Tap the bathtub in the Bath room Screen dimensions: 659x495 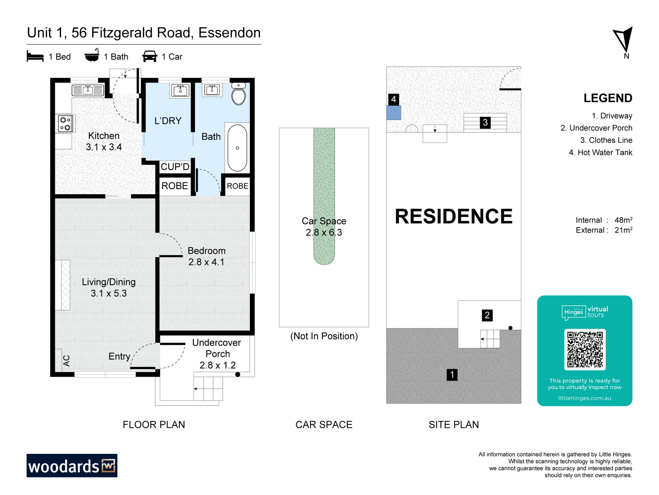click(237, 148)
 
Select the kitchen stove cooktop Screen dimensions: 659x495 click(65, 124)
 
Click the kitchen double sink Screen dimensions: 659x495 click(88, 90)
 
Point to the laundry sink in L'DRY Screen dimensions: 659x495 click(180, 90)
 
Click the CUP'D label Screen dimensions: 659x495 click(175, 167)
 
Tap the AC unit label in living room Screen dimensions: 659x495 click(67, 361)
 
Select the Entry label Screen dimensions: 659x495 click(119, 356)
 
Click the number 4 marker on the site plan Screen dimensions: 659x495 click(393, 100)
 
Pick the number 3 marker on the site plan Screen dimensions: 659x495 click(485, 122)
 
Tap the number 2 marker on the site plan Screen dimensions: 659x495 click(487, 315)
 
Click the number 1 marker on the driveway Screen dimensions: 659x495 click(452, 375)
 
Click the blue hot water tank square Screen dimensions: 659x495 click(394, 113)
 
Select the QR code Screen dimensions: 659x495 click(585, 350)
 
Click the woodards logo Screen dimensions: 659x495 click(72, 466)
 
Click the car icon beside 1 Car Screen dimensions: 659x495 click(150, 56)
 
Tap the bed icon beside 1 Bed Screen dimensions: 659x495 click(35, 56)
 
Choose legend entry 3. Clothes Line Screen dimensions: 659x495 click(606, 140)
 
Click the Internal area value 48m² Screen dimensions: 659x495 click(623, 220)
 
